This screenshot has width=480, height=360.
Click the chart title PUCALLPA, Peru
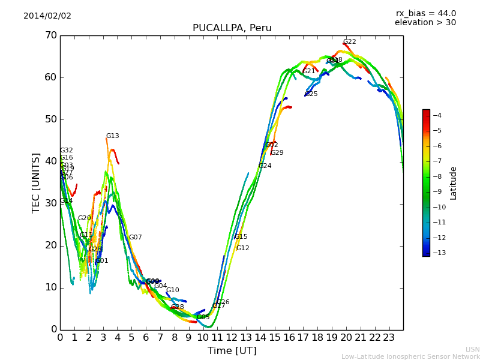click(232, 28)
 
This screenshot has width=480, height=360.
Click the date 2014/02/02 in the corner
click(47, 16)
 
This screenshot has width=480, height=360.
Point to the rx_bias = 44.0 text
click(425, 13)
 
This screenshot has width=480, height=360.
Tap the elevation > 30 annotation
click(425, 23)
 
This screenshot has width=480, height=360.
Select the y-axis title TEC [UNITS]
click(36, 182)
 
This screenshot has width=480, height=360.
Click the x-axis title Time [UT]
click(232, 350)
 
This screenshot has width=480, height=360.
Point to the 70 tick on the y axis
click(50, 35)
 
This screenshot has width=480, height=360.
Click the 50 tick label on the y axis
click(50, 119)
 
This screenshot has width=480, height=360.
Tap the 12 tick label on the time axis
click(232, 337)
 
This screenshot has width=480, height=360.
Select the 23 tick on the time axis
click(389, 337)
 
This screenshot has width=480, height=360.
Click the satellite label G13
click(112, 136)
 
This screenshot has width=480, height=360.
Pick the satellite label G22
click(349, 42)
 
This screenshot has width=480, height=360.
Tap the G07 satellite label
click(135, 238)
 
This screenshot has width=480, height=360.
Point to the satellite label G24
click(265, 166)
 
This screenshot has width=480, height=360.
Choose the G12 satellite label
click(242, 248)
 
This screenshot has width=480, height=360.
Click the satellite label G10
click(172, 290)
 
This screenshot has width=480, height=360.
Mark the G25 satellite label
click(311, 94)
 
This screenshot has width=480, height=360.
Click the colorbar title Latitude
click(454, 182)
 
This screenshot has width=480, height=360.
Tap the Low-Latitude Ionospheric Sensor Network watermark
click(410, 357)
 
